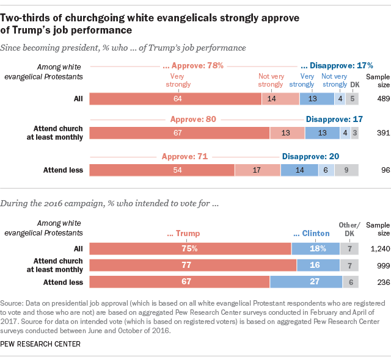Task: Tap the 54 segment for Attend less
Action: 162,170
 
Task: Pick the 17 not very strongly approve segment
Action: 257,170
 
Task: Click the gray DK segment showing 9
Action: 346,170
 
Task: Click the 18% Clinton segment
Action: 315,248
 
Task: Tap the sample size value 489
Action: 375,98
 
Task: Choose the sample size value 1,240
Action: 375,248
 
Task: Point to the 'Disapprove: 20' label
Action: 310,156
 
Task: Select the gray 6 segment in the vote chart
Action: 350,281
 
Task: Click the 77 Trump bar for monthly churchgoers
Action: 193,265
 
